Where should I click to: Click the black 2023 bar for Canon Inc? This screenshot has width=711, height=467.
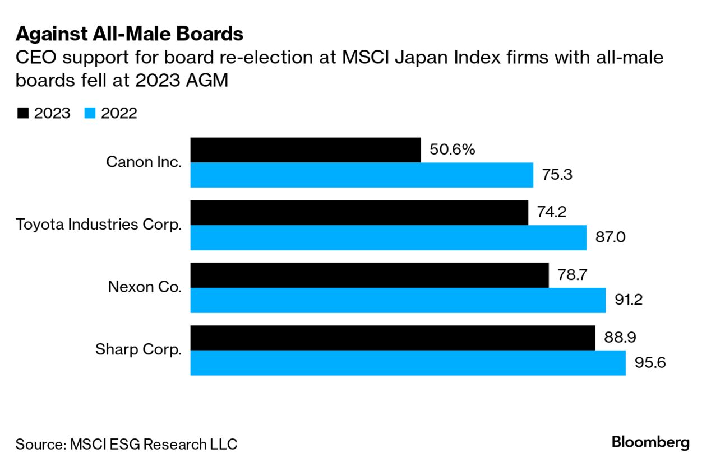point(306,150)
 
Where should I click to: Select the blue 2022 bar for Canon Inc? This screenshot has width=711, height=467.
point(362,175)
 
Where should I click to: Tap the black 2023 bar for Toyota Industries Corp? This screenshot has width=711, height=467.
point(359,213)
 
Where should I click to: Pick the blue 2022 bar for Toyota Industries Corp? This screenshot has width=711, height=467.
point(389,237)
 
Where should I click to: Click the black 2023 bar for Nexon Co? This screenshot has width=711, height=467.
point(370,275)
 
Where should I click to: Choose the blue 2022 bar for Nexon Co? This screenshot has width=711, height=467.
point(398,300)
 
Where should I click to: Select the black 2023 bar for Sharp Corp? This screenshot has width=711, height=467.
point(393,338)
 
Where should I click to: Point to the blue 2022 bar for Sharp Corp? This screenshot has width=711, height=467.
point(408,363)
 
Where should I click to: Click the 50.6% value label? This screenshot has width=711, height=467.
point(452,150)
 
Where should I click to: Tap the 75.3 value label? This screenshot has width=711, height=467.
point(557,175)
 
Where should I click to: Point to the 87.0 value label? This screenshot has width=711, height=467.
point(610,237)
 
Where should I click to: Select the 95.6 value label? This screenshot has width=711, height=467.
point(649,363)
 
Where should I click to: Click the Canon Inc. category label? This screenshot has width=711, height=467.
point(144,162)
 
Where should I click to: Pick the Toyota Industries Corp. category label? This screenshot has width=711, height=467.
point(99,225)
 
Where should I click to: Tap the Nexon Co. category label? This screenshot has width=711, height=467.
point(145,288)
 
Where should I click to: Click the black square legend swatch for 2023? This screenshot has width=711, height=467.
point(22,113)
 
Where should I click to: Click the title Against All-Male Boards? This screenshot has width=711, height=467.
point(129,34)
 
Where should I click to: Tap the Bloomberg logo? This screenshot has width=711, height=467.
point(650,442)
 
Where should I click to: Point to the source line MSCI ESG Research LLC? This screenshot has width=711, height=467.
point(126,445)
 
